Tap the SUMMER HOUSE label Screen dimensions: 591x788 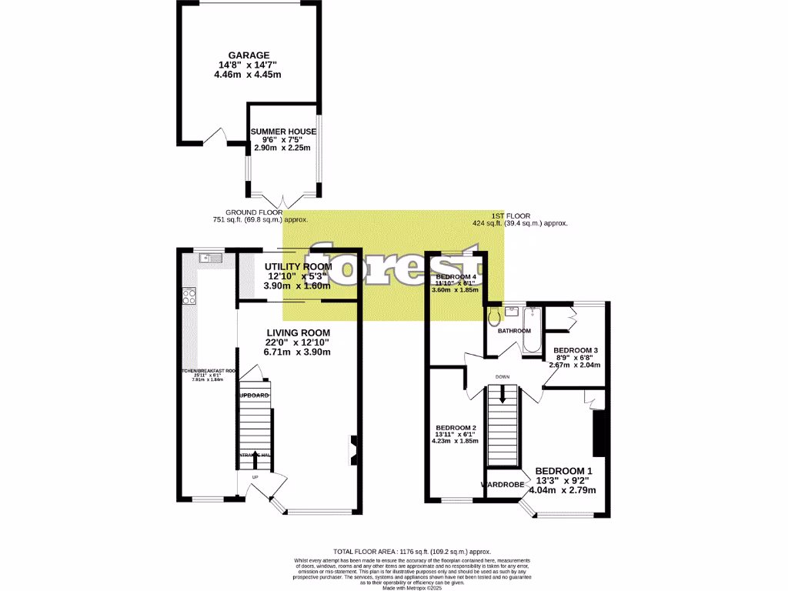(282, 132)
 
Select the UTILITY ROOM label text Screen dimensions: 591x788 (297, 266)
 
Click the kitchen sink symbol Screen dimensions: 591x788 (209, 259)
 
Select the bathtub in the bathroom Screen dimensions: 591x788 (532, 329)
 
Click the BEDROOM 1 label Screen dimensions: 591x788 (563, 471)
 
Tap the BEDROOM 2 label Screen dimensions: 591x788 (456, 428)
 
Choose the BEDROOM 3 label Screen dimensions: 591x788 (576, 350)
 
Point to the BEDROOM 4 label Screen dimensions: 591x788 (456, 276)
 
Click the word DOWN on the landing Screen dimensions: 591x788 (503, 376)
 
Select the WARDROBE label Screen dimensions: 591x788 (502, 485)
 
